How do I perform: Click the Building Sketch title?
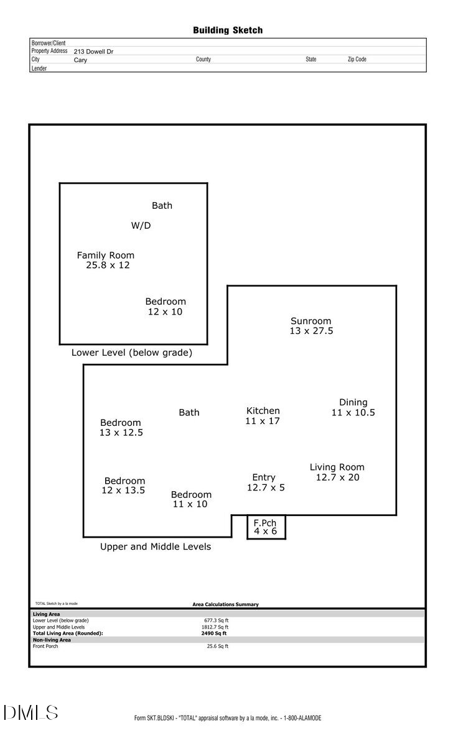228,30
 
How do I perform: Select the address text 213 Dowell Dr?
93,52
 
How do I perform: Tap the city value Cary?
80,60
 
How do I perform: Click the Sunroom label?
311,326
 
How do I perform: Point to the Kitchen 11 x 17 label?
263,416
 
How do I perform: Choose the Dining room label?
353,407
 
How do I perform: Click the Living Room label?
337,472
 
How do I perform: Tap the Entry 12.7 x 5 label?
265,482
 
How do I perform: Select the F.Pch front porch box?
266,527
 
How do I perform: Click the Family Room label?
106,260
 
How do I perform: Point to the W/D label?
141,226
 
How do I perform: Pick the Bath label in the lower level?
162,206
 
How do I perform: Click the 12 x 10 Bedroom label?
165,306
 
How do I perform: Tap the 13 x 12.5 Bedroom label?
121,428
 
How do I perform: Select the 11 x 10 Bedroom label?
191,499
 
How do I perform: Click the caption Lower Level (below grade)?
131,352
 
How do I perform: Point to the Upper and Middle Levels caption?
156,547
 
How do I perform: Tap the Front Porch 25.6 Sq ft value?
217,647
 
